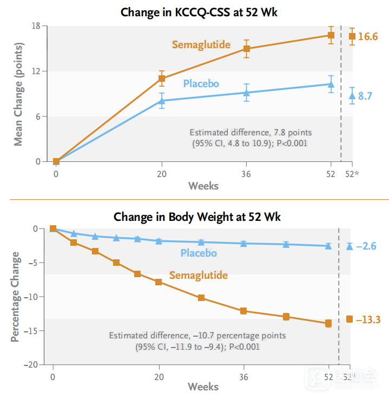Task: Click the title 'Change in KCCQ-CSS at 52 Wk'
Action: [x=199, y=11]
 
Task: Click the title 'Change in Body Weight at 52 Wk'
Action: [x=196, y=217]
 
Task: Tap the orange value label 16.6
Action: [x=368, y=37]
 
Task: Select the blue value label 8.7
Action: [x=365, y=96]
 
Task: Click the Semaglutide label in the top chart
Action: [x=201, y=44]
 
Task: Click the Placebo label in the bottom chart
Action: [x=199, y=253]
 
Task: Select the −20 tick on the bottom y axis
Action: [x=32, y=364]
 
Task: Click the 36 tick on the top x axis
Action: [x=246, y=173]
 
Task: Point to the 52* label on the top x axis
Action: [x=352, y=173]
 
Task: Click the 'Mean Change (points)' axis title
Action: [x=18, y=94]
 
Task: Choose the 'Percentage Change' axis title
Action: [x=15, y=296]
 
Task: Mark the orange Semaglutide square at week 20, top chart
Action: [x=162, y=79]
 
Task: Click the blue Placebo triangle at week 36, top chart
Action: [x=246, y=93]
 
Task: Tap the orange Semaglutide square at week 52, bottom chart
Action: [x=328, y=324]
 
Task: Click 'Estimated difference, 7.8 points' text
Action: [x=250, y=132]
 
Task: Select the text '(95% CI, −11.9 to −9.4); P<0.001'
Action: [x=197, y=346]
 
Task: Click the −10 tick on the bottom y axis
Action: [x=32, y=297]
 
